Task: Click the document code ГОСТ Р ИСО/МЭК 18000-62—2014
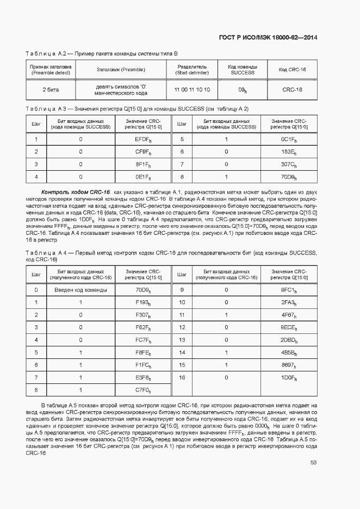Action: pyautogui.click(x=268, y=38)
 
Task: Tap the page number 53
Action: pyautogui.click(x=314, y=462)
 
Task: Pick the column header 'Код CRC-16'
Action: pyautogui.click(x=292, y=70)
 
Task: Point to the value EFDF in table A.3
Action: pyautogui.click(x=143, y=139)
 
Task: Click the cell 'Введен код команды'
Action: pyautogui.click(x=80, y=290)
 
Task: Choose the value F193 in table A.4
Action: pyautogui.click(x=143, y=302)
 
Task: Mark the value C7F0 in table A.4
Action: pyautogui.click(x=143, y=390)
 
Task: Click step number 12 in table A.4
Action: pyautogui.click(x=182, y=327)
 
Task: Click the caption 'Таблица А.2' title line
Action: pyautogui.click(x=102, y=53)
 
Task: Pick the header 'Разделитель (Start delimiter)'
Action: pyautogui.click(x=192, y=70)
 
